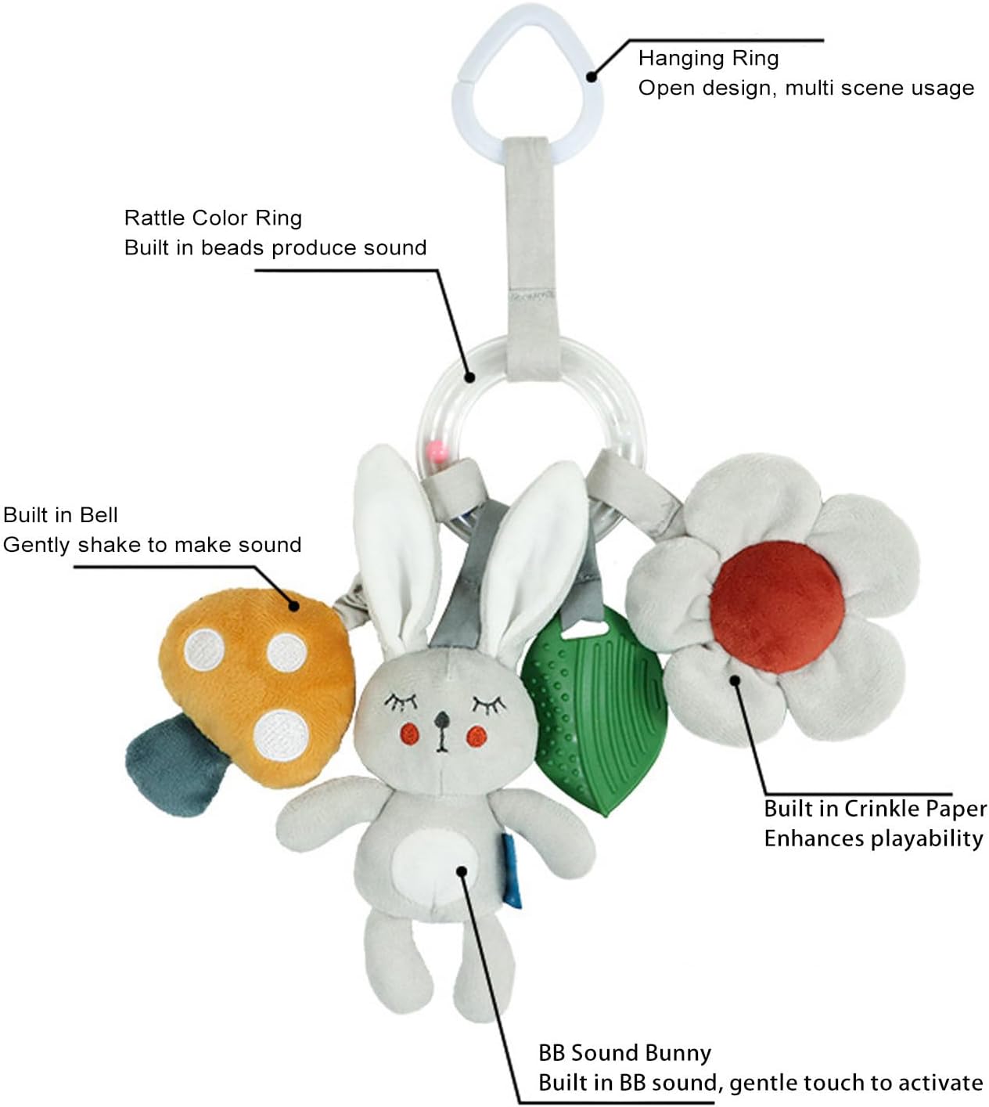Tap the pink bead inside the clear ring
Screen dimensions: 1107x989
coord(436,451)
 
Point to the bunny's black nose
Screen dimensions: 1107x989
coord(442,719)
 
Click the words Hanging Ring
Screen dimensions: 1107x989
coord(708,58)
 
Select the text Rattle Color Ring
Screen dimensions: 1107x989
coord(213,218)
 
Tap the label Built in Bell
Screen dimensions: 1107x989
coord(60,515)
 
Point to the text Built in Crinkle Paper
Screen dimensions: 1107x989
coord(875,808)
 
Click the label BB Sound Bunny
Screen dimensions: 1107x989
coord(624,1053)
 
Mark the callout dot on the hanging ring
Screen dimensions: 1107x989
coord(592,77)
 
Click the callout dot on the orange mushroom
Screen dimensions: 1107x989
coord(294,604)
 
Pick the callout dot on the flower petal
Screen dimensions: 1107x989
coord(735,680)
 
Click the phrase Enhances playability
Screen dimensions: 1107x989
coord(873,838)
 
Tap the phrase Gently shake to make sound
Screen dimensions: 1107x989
coord(152,545)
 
